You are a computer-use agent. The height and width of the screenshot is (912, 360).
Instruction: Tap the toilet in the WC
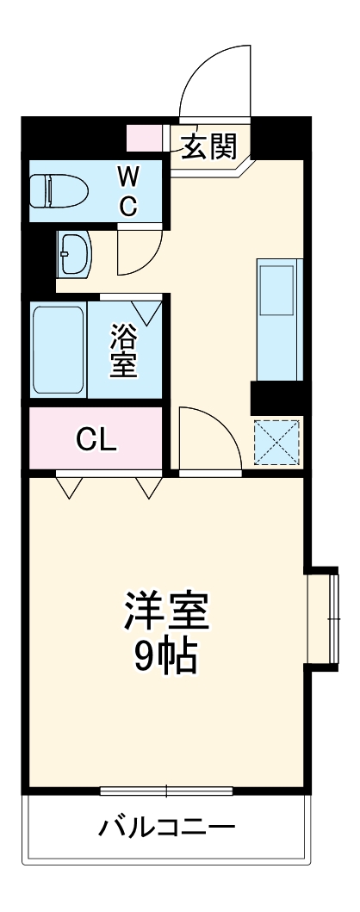click(x=59, y=190)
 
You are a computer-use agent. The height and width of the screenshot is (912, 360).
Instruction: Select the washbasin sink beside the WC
click(x=76, y=254)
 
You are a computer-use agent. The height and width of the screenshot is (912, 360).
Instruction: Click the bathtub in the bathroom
click(x=59, y=350)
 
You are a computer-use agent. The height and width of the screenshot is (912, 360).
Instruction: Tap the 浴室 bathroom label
click(x=123, y=350)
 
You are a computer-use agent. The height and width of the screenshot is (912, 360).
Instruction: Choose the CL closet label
click(x=96, y=439)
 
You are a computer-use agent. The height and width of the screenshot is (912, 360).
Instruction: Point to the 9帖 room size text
click(x=165, y=659)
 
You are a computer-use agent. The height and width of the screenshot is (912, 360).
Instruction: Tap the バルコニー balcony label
click(x=166, y=829)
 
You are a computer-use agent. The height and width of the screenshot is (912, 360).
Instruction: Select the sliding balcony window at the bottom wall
click(x=166, y=790)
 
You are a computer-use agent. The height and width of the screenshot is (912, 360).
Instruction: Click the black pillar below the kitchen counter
click(x=276, y=399)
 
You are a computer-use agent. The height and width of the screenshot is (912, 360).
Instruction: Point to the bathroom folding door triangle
click(x=146, y=312)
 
